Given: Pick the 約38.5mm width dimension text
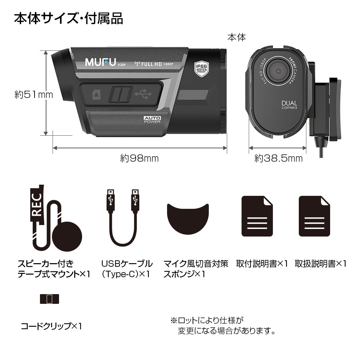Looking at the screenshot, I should tap(279, 158).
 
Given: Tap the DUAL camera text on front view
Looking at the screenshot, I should tap(289, 105).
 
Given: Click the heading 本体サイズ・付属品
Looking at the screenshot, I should tap(69, 18).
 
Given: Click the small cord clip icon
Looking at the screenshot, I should tap(49, 299).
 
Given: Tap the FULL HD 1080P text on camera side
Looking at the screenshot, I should tap(154, 64).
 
